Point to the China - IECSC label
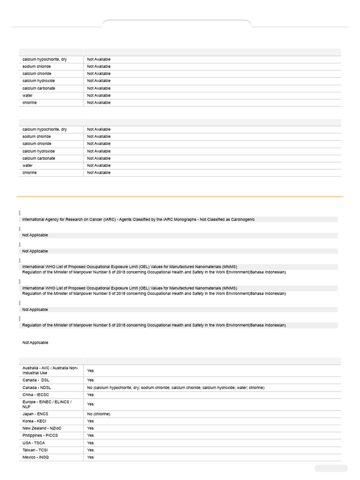pyautogui.click(x=36, y=395)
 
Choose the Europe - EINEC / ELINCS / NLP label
pyautogui.click(x=47, y=404)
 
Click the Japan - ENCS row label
pyautogui.click(x=35, y=414)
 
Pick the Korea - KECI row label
pyautogui.click(x=34, y=421)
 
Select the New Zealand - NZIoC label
pyautogui.click(x=41, y=428)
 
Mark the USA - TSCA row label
pyautogui.click(x=34, y=443)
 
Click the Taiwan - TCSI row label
pyautogui.click(x=36, y=450)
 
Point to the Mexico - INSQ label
pyautogui.click(x=35, y=457)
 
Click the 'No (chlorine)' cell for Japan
pyautogui.click(x=98, y=414)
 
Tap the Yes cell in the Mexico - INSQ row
pyautogui.click(x=90, y=457)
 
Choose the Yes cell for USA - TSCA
pyautogui.click(x=90, y=443)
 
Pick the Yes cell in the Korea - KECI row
pyautogui.click(x=90, y=421)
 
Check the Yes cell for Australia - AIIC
pyautogui.click(x=90, y=370)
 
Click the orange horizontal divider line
pyautogui.click(x=180, y=196)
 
